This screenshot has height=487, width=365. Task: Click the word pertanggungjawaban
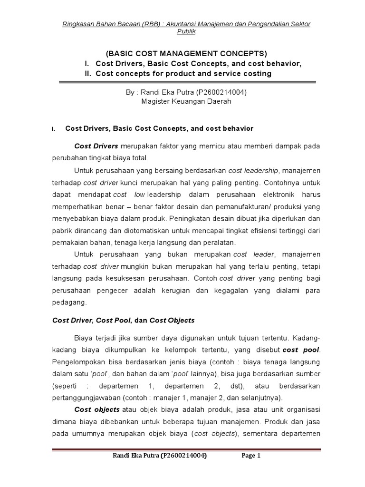(x=88, y=397)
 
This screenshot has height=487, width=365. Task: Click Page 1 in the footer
(x=251, y=455)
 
